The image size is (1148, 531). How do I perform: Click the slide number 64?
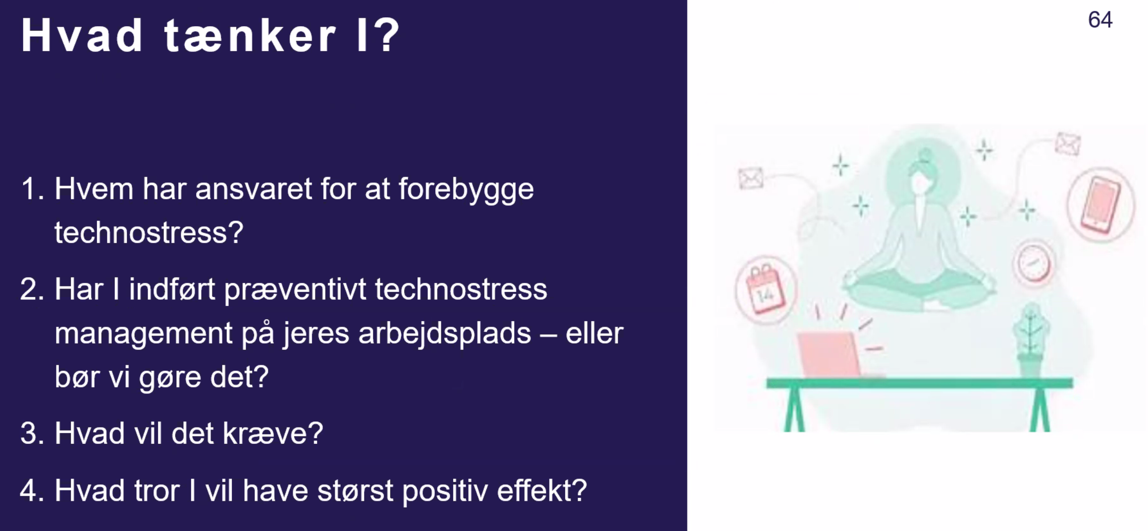click(x=1100, y=20)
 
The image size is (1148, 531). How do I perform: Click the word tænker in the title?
click(x=250, y=35)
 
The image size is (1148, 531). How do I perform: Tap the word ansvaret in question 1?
click(x=254, y=189)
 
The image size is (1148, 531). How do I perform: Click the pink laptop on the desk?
click(x=828, y=355)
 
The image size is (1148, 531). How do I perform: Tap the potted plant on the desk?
click(x=1031, y=341)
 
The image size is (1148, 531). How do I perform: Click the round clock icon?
click(x=1035, y=262)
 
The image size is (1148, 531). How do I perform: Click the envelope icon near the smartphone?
click(x=1068, y=144)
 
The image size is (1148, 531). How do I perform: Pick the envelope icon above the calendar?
click(x=751, y=178)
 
